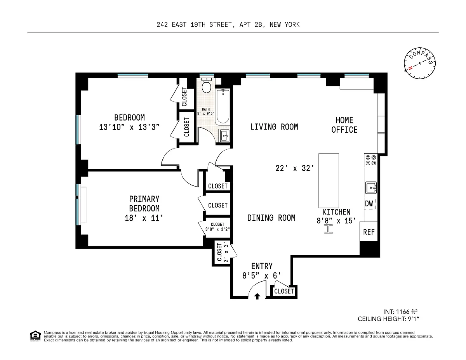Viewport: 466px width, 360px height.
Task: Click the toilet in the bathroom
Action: point(206,85)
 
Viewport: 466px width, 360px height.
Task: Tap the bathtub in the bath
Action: point(223,107)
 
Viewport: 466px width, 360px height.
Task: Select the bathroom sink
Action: point(224,135)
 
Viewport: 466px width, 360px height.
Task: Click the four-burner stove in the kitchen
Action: point(370,160)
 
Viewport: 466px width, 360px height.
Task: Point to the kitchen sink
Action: point(371,188)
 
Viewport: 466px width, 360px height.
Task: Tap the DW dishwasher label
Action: point(369,204)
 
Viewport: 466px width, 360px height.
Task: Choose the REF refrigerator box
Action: point(369,232)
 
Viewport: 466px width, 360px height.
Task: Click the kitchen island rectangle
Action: point(329,180)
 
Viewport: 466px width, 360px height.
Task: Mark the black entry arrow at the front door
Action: point(257,296)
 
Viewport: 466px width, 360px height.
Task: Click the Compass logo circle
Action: point(420,63)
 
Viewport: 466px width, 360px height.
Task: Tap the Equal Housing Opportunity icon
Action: point(35,336)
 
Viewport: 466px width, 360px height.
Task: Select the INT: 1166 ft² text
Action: point(400,312)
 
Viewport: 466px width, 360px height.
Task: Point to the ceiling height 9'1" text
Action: point(388,319)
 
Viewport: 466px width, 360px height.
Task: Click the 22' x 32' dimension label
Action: point(295,168)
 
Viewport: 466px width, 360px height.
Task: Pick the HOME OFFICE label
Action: point(344,125)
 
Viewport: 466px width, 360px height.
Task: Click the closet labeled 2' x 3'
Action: point(223,252)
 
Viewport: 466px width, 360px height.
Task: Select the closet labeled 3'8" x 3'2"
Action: point(217,227)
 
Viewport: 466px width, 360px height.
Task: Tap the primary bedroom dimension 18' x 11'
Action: point(144,218)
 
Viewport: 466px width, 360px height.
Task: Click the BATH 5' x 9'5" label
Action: point(206,111)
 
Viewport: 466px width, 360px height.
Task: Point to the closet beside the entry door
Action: point(284,291)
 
